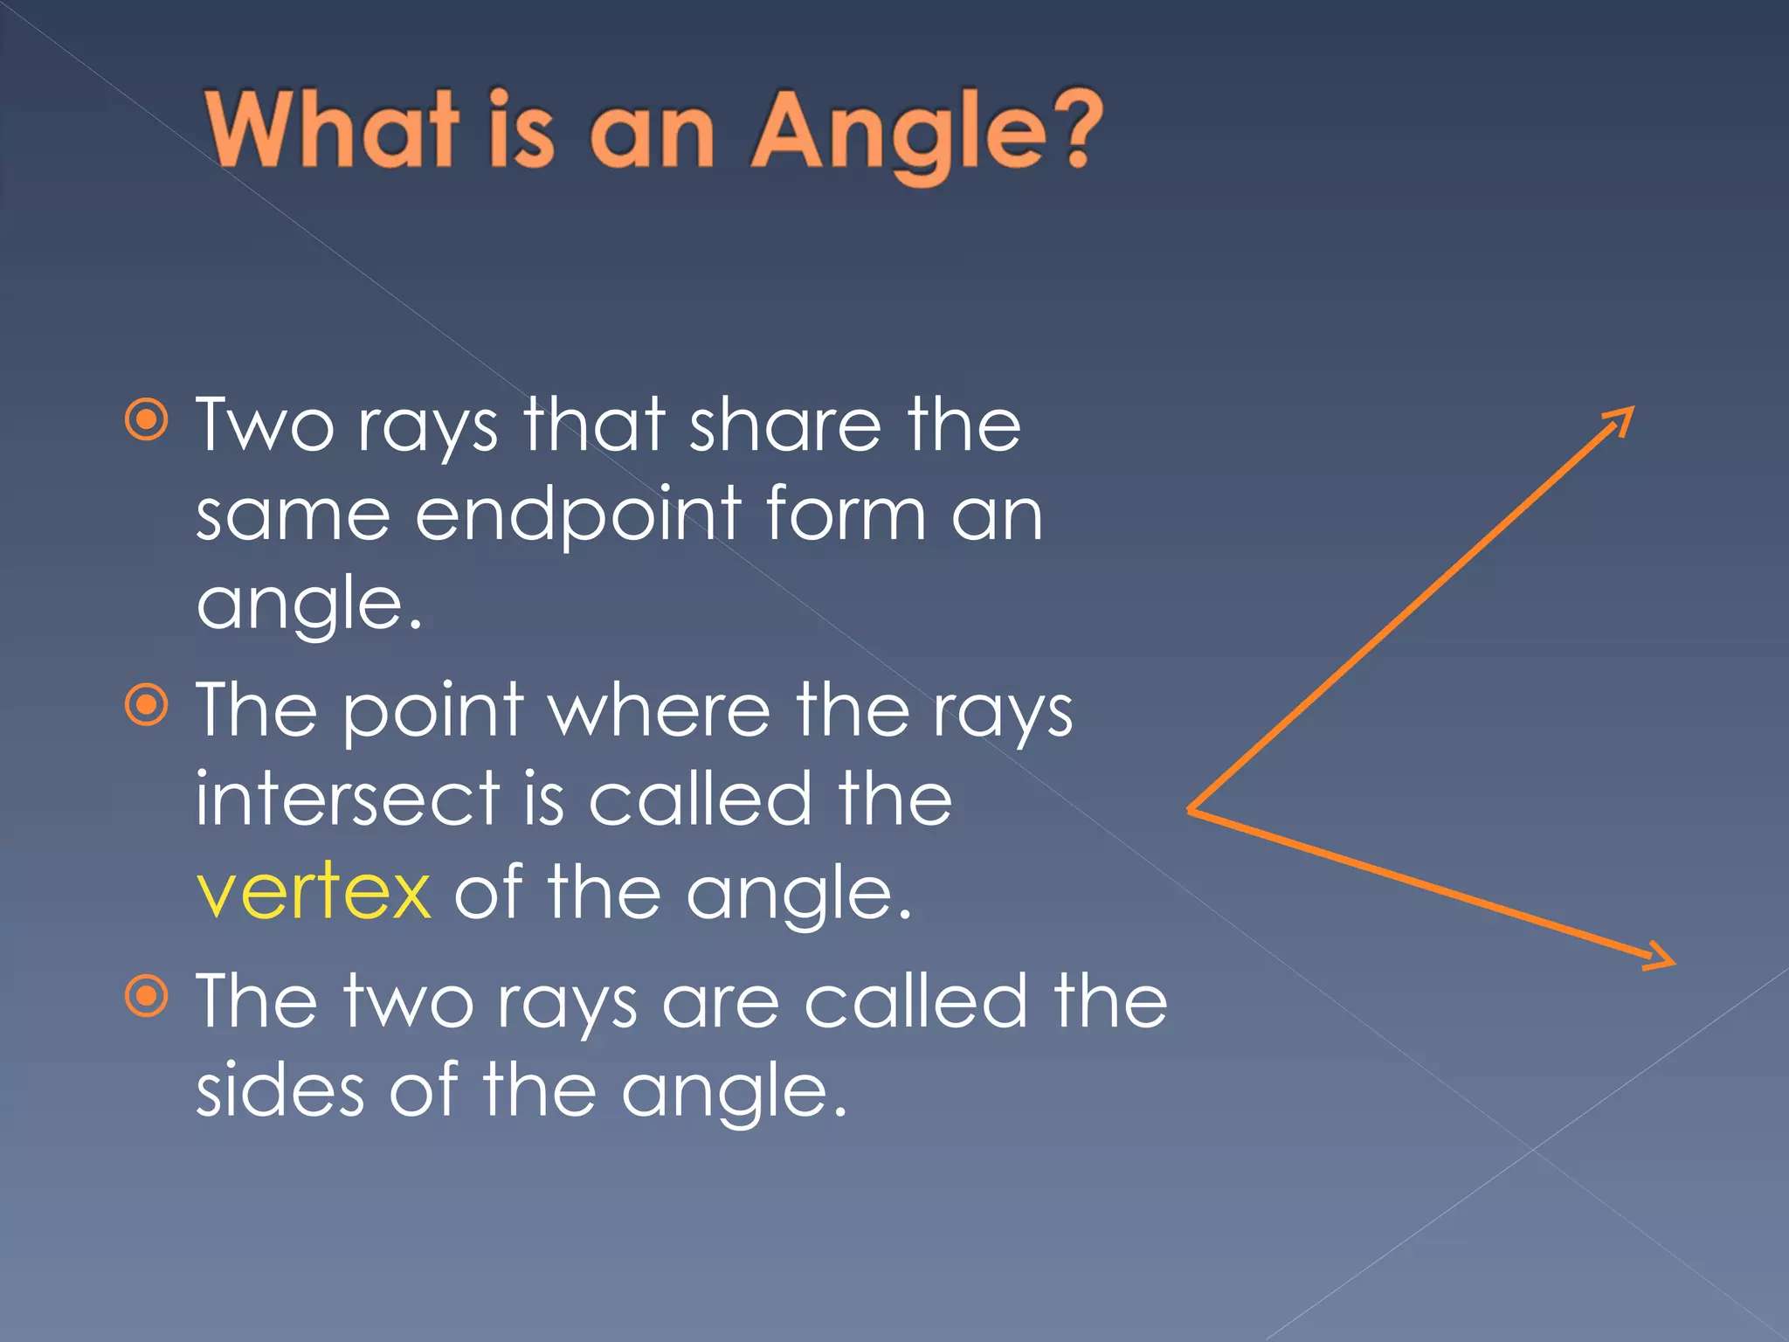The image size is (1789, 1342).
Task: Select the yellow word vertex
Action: pyautogui.click(x=314, y=893)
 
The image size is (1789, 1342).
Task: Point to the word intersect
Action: pyautogui.click(x=348, y=799)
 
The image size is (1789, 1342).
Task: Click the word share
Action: pyautogui.click(x=785, y=425)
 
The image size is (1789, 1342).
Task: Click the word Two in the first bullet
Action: pyautogui.click(x=264, y=425)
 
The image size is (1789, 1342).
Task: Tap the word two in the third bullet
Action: pyautogui.click(x=408, y=1002)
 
